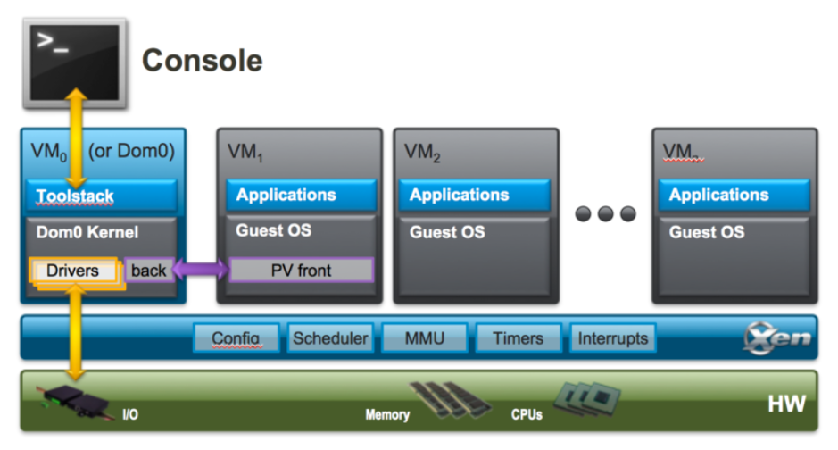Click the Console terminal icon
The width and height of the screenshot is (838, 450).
point(75,63)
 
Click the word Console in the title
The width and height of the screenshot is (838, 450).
point(202,60)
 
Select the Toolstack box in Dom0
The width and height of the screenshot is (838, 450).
point(102,196)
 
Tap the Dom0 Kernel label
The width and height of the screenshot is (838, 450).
point(87,232)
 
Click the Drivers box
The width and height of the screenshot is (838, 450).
point(72,271)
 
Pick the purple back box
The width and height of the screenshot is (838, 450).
point(148,271)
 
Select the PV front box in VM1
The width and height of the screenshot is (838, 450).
point(302,271)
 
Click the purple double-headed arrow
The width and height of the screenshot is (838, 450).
point(201,269)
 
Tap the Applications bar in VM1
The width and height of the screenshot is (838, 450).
point(302,195)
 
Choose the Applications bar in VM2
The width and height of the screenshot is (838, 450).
point(475,195)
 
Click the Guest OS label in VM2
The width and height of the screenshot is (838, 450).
point(447,232)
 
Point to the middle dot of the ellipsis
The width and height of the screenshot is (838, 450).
point(605,213)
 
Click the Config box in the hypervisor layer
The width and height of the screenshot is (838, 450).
point(236,338)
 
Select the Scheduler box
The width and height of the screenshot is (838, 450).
point(330,338)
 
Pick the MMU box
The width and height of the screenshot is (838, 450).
point(424,338)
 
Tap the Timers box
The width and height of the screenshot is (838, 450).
point(519,338)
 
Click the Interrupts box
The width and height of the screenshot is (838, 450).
point(612,338)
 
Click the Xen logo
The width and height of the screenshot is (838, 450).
point(777,337)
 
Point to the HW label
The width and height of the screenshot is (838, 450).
point(787,404)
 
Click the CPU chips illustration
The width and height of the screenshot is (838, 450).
point(587,399)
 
